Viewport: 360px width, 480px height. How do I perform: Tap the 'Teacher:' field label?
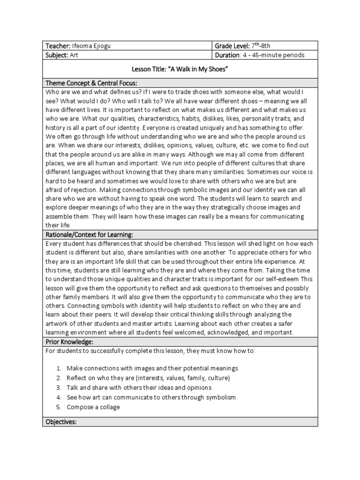click(x=58, y=45)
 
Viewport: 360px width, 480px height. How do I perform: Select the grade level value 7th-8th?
click(x=261, y=45)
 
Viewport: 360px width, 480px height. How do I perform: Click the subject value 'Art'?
click(x=74, y=55)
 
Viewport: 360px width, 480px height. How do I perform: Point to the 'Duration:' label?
click(x=227, y=55)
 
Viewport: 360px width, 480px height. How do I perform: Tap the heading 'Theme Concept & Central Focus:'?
click(x=90, y=83)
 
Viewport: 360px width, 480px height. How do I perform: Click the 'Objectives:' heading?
click(x=61, y=422)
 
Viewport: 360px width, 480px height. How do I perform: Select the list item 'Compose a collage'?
click(x=93, y=407)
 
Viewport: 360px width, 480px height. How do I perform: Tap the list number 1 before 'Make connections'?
click(x=59, y=368)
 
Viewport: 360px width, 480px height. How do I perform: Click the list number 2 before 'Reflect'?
click(x=59, y=378)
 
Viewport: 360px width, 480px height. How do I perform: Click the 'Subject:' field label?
click(x=57, y=55)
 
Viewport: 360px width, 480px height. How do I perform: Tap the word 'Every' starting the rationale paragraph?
click(x=53, y=244)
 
